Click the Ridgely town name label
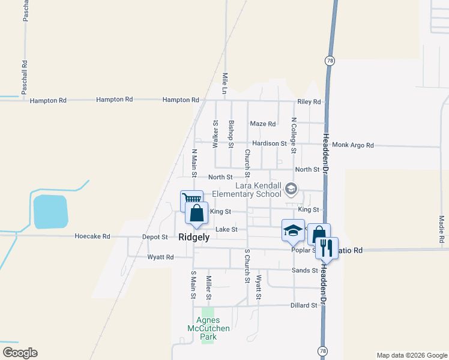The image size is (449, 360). [x=194, y=237]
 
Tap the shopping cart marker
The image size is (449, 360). [x=191, y=200]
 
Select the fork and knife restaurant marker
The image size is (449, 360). [x=325, y=246]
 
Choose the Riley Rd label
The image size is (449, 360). [x=309, y=102]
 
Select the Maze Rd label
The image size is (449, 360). [x=262, y=124]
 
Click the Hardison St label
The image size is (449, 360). [x=270, y=143]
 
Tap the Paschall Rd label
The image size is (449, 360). [x=25, y=77]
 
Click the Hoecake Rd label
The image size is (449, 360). [x=92, y=236]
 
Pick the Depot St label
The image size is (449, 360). [x=155, y=237]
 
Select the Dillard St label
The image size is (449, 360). [x=304, y=305]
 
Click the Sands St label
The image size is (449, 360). [x=304, y=271]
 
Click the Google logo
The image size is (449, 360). [x=20, y=353]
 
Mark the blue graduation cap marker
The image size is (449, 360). [x=293, y=230]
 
